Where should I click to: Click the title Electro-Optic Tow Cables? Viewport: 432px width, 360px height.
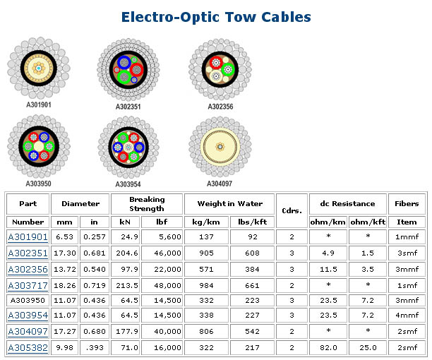point(216,16)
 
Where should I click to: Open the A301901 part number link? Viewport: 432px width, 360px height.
point(28,236)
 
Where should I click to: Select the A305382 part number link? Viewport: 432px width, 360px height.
point(28,347)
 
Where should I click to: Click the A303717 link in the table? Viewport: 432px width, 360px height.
point(28,284)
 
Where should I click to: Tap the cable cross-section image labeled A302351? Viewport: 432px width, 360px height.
point(128,71)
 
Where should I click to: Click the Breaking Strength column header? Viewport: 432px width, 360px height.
point(147,203)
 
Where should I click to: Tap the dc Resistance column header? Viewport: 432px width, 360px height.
point(347,203)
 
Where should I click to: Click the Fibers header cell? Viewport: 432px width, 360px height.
point(407,203)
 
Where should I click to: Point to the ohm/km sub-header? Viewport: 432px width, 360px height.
point(328,222)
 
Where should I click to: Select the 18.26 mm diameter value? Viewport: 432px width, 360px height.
point(65,284)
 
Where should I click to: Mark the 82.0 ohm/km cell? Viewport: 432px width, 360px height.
point(328,347)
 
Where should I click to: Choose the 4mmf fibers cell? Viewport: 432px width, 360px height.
point(407,316)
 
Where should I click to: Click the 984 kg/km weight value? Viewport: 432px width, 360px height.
point(207,284)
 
